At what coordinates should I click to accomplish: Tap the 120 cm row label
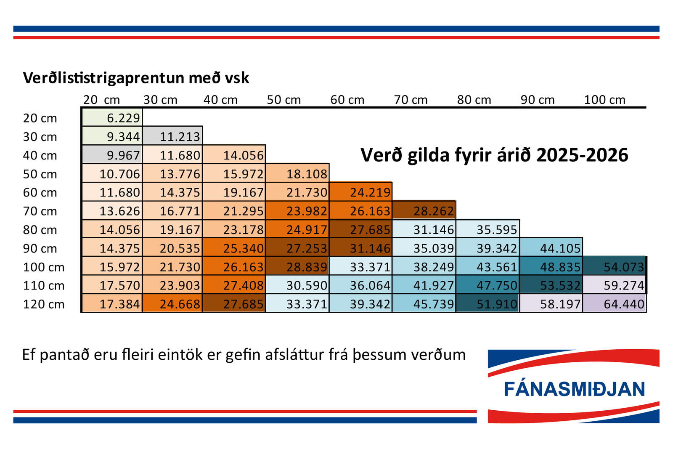[x=44, y=304]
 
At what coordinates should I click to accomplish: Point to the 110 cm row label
[x=44, y=285]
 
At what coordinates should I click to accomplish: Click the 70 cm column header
[x=411, y=100]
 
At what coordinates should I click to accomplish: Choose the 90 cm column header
[x=538, y=100]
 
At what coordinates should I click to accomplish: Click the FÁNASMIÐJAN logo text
[x=574, y=389]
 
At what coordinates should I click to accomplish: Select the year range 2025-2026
[x=582, y=155]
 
